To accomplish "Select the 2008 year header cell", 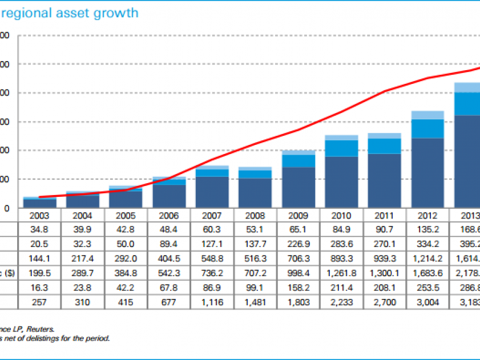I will pos(255,216).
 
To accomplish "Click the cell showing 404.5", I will pos(169,258).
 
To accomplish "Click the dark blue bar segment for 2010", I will pos(341,181).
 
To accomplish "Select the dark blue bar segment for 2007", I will pos(212,192).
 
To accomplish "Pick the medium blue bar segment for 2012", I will pos(427,128).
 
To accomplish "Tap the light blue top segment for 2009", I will pos(299,153).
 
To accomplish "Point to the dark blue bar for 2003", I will pos(40,203).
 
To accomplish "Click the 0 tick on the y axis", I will pos(7,208).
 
